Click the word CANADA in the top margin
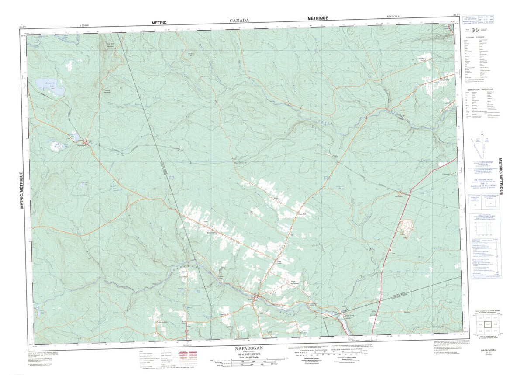[x=239, y=21]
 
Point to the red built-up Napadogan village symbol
[x=86, y=142]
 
